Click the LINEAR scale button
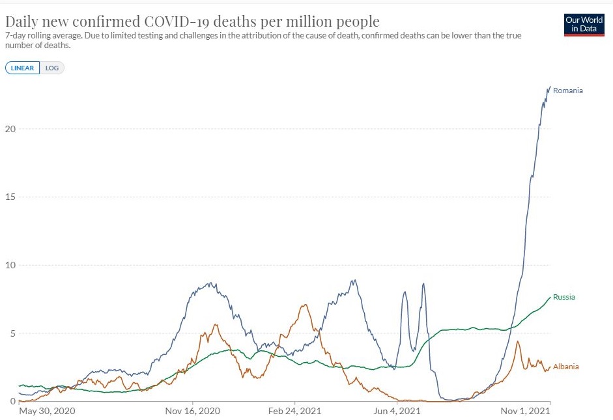click(23, 68)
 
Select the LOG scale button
click(52, 68)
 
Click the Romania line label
click(567, 91)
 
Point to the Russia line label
click(563, 297)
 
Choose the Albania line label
click(565, 367)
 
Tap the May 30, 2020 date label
click(47, 411)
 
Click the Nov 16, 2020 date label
click(193, 411)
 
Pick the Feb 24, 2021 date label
click(294, 411)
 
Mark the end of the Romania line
click(550, 87)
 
